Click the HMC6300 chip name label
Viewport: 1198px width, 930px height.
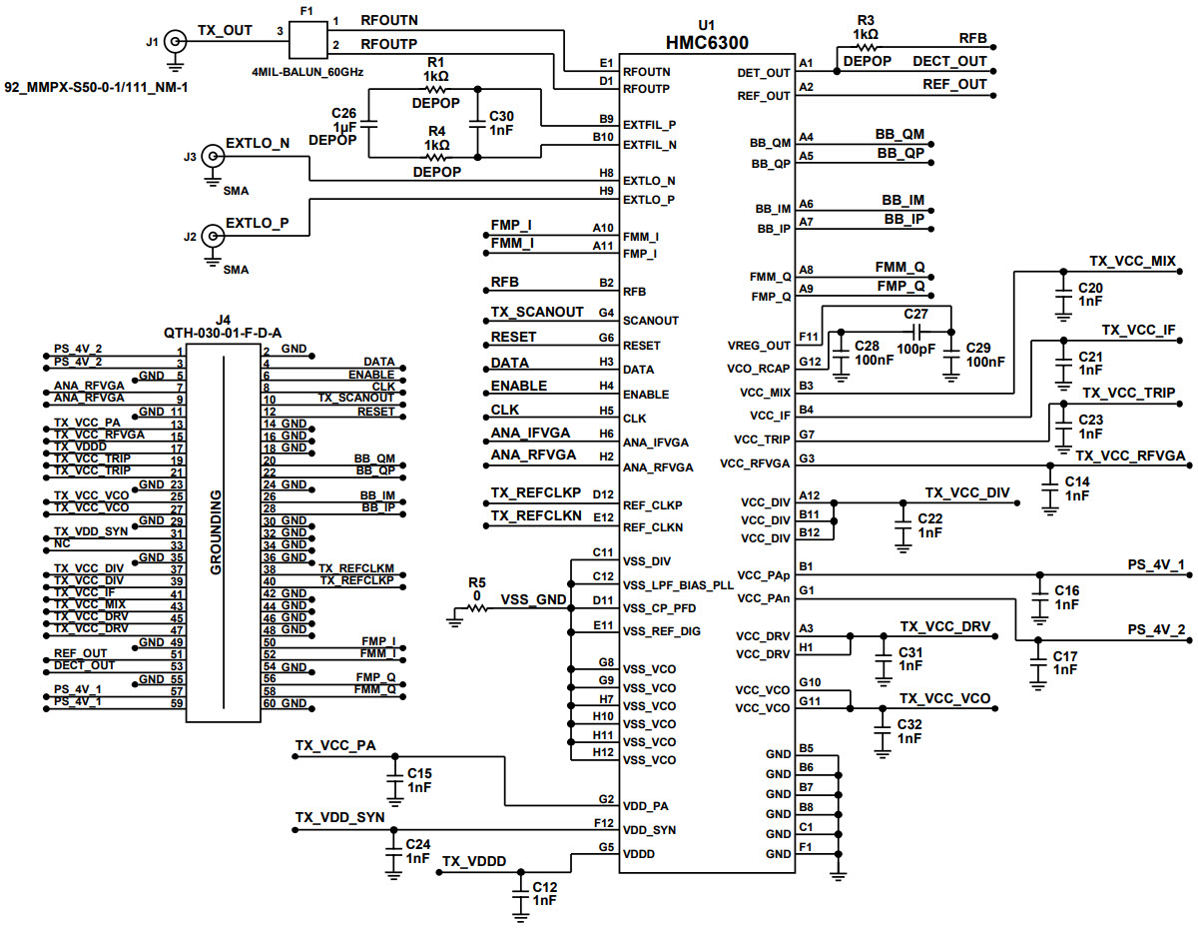[707, 42]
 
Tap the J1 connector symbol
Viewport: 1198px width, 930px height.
[175, 42]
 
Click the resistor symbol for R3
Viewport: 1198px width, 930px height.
[865, 46]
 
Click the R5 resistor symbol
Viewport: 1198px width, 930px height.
[476, 607]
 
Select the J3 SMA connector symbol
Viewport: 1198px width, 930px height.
[212, 156]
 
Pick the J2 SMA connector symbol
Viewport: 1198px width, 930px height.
[212, 237]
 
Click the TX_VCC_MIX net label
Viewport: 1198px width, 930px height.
[1132, 261]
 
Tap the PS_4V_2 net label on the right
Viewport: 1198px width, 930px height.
[1156, 629]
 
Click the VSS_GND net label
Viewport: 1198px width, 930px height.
[533, 599]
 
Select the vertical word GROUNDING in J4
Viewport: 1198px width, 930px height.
[216, 532]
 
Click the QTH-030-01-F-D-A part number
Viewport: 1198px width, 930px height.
[223, 333]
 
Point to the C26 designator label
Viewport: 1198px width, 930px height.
[343, 113]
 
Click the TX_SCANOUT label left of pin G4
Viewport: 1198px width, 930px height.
[537, 313]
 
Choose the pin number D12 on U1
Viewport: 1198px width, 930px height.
[602, 494]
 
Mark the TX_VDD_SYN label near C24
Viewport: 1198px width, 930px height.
[339, 817]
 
